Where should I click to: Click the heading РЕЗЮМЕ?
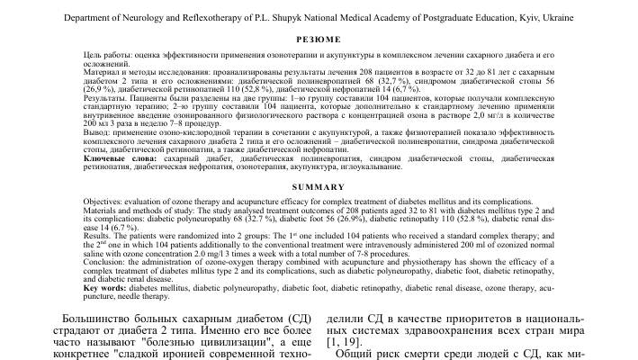tap(319, 39)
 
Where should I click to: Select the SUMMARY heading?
tap(319, 185)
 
